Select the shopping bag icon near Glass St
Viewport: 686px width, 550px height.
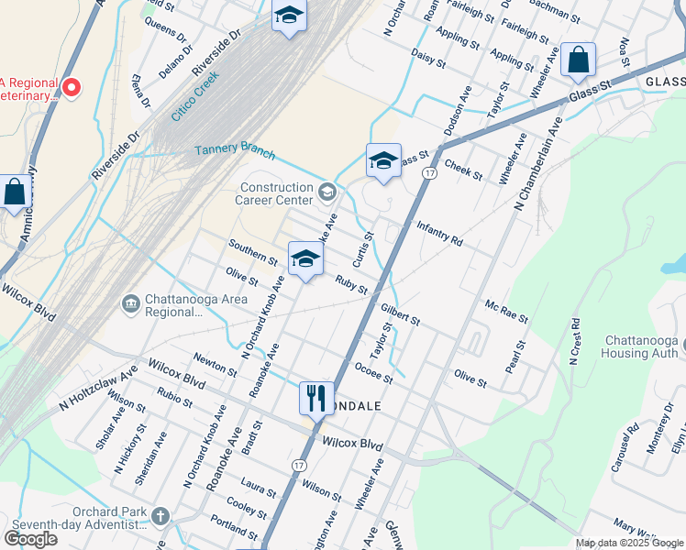point(578,60)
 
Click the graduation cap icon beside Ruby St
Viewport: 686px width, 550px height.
point(305,259)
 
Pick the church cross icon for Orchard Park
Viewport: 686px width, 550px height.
point(161,516)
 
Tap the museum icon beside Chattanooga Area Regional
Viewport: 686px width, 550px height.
point(130,302)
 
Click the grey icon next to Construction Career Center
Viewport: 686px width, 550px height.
point(327,192)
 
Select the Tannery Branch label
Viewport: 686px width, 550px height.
point(235,148)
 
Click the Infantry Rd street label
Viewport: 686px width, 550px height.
point(439,233)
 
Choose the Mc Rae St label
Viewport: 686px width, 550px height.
point(506,312)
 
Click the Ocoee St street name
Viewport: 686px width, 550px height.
point(373,372)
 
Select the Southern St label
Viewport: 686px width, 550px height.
point(253,252)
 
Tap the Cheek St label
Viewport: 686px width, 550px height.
point(463,170)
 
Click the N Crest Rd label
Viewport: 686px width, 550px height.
point(575,341)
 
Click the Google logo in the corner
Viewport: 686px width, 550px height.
point(31,538)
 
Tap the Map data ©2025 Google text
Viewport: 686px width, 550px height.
point(629,543)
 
